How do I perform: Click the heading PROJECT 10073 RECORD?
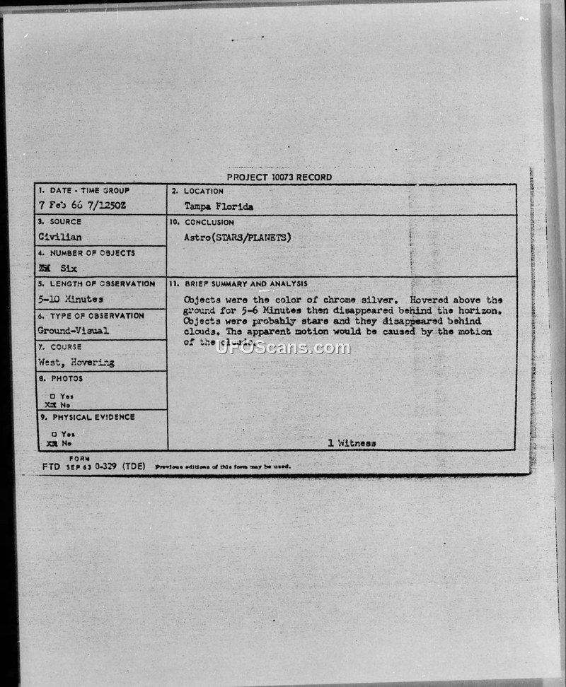[x=279, y=177]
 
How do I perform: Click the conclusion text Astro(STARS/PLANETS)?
[x=237, y=237]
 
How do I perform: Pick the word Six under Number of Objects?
[x=69, y=269]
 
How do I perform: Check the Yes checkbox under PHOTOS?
[x=53, y=396]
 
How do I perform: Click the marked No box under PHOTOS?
[x=50, y=405]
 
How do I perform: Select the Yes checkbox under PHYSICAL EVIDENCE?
[x=53, y=434]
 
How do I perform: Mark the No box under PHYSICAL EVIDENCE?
[x=50, y=443]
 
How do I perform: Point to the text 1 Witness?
[x=352, y=443]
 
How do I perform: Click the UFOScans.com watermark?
[x=283, y=348]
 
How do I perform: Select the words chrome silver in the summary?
[x=368, y=300]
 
